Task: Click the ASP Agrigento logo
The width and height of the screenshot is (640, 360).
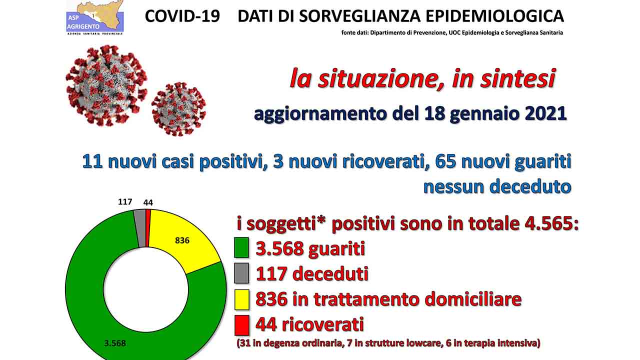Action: coord(95,17)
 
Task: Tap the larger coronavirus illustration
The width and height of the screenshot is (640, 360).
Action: coord(106,85)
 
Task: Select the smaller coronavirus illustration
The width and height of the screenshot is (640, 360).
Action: coord(179,109)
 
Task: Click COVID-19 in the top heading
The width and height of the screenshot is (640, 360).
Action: coord(182,16)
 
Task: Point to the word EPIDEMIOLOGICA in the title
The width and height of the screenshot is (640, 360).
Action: coord(495,16)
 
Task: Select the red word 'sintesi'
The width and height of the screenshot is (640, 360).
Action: coord(517,78)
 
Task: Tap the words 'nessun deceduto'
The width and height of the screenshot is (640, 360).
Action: coord(497,186)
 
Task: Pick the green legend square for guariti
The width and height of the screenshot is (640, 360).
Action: coord(241,247)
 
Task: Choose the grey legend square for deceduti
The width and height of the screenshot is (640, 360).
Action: coord(241,273)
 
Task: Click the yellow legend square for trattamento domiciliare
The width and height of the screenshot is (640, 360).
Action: coord(241,299)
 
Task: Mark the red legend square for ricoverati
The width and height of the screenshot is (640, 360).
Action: coord(241,325)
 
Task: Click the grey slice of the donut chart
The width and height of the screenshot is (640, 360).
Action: coord(140,228)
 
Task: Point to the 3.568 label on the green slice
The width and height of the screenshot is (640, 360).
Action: coord(115,343)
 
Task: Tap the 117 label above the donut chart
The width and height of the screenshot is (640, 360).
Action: coord(125,202)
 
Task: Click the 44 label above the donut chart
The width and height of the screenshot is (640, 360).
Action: coord(148,202)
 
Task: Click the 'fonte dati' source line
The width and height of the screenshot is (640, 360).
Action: coord(452,32)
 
